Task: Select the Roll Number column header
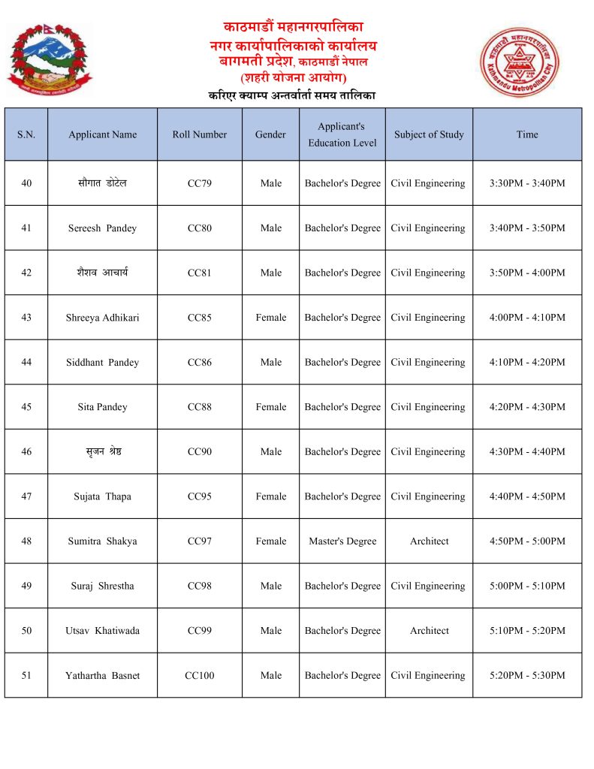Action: click(x=199, y=134)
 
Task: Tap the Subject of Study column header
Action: click(x=429, y=134)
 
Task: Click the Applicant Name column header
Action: click(x=102, y=134)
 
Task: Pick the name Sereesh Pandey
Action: click(x=102, y=228)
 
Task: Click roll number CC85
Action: click(x=199, y=318)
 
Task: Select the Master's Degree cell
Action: click(x=342, y=541)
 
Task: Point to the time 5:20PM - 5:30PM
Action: click(x=527, y=676)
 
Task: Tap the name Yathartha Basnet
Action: click(x=102, y=676)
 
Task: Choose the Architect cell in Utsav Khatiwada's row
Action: click(x=430, y=631)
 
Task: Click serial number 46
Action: click(x=26, y=452)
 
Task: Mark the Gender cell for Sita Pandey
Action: click(x=270, y=407)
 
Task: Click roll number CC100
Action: click(x=199, y=676)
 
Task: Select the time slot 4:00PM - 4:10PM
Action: click(x=527, y=318)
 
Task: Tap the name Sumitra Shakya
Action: click(x=102, y=541)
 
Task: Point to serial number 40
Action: click(x=26, y=183)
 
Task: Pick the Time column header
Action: click(x=527, y=134)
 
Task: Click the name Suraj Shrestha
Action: click(x=102, y=586)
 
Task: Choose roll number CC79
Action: click(x=199, y=183)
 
